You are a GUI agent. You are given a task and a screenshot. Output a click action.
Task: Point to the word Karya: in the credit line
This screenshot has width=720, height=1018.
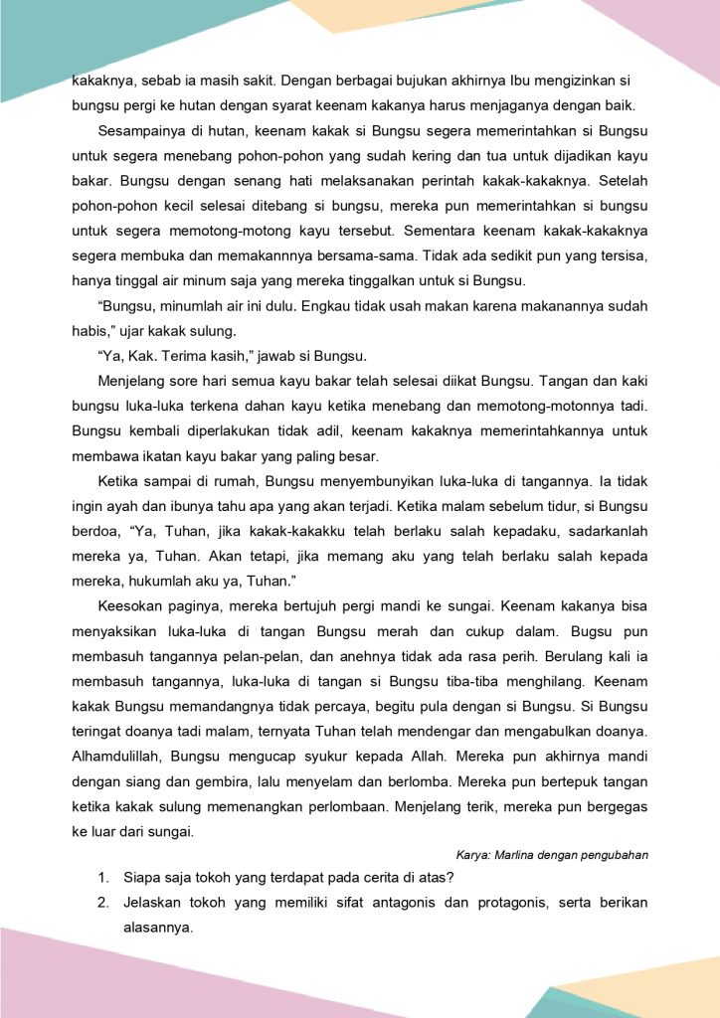tap(474, 854)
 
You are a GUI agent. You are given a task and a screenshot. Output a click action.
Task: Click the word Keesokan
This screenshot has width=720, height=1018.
tap(131, 604)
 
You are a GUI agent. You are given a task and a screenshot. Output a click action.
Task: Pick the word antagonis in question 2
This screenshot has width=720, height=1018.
tap(396, 903)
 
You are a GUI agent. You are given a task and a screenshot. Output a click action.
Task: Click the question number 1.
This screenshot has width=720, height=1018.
tap(102, 877)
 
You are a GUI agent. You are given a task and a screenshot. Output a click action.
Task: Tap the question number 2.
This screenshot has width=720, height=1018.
tap(102, 903)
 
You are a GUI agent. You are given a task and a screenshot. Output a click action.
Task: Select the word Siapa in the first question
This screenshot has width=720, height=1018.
tap(142, 877)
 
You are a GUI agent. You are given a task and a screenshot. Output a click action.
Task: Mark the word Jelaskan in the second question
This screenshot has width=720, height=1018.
tap(155, 903)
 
